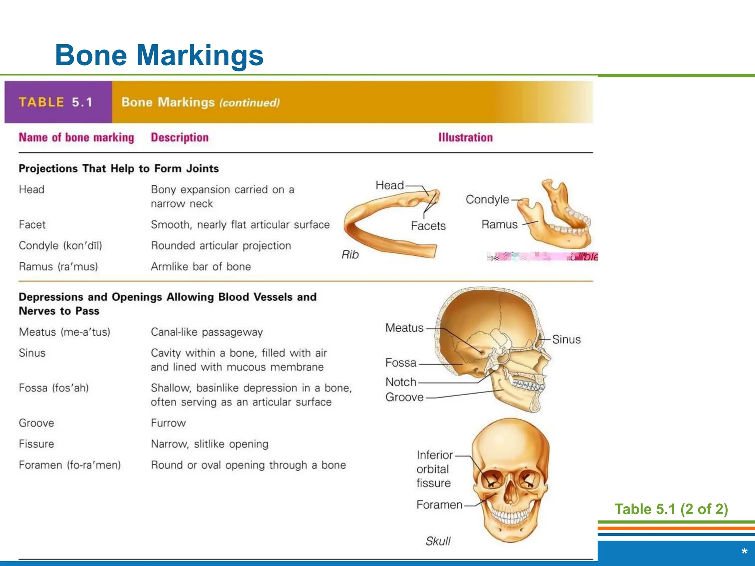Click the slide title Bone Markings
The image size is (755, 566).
(x=159, y=55)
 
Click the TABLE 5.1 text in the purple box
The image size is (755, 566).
(x=56, y=102)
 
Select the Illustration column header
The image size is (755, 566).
(x=465, y=137)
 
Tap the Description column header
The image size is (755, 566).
(x=180, y=137)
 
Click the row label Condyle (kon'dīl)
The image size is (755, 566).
(x=60, y=245)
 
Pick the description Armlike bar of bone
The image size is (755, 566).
(x=201, y=266)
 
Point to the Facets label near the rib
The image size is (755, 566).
(x=428, y=226)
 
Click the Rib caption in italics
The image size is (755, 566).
(x=350, y=255)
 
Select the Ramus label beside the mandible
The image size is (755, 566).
(x=500, y=224)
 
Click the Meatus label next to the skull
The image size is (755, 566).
(x=404, y=328)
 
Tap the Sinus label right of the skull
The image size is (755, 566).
(x=566, y=339)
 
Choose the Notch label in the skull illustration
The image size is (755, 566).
(x=401, y=382)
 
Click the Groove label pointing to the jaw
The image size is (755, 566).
(x=404, y=397)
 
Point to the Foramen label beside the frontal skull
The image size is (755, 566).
(x=439, y=504)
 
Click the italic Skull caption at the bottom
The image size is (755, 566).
(x=438, y=541)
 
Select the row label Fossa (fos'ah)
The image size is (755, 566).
(x=54, y=388)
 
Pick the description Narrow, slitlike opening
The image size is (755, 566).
(x=209, y=444)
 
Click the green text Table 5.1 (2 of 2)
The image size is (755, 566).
(x=671, y=509)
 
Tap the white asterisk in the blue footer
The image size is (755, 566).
(x=744, y=552)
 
